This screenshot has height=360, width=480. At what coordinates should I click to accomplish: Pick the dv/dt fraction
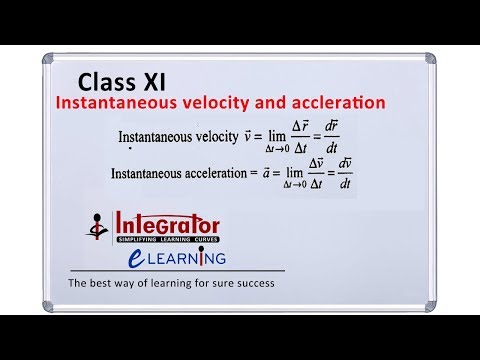tap(342, 177)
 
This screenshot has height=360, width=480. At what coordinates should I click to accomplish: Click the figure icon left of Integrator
tap(98, 230)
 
